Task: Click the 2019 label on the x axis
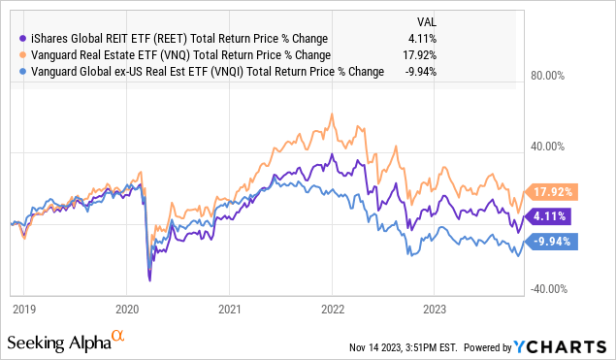click(23, 309)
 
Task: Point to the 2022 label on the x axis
click(333, 309)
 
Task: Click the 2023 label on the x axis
click(436, 309)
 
